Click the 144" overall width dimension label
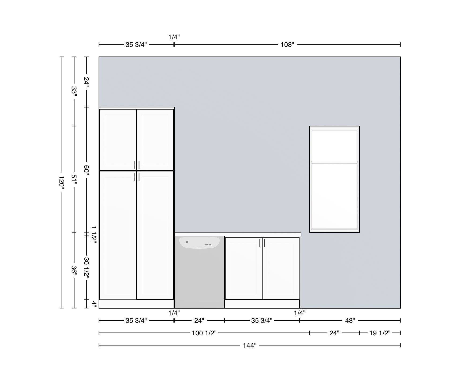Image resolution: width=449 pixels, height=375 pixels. click(x=249, y=345)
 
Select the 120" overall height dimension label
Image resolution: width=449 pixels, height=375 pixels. click(x=62, y=183)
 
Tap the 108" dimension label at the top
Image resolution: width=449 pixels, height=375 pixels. click(x=287, y=44)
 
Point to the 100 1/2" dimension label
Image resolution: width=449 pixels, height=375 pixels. click(x=204, y=333)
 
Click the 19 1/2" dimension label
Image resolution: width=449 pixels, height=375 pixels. click(x=380, y=333)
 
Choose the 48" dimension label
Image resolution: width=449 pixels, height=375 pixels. click(x=350, y=320)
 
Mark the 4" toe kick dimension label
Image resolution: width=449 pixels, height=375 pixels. click(x=94, y=304)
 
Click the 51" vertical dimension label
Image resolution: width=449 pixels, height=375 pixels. click(x=74, y=179)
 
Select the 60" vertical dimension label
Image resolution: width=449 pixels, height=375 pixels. click(x=86, y=170)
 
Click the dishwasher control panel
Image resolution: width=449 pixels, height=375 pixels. click(x=199, y=243)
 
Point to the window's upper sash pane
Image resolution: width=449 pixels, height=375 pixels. click(x=334, y=146)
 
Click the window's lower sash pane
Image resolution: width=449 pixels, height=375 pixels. click(x=334, y=196)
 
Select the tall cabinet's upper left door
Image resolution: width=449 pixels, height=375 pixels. click(x=118, y=140)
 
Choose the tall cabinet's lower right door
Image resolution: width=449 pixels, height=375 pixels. click(x=155, y=235)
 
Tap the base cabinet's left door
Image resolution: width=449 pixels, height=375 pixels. click(x=244, y=268)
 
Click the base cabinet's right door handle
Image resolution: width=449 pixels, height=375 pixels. click(x=265, y=243)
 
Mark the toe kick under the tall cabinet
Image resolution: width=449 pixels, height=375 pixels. click(x=137, y=304)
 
